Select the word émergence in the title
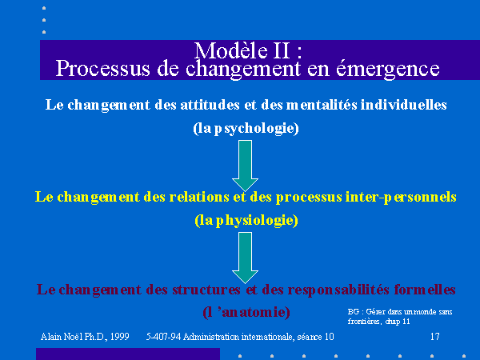point(388,69)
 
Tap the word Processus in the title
point(103,69)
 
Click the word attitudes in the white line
point(210,105)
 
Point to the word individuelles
point(403,105)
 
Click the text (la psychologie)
point(246,128)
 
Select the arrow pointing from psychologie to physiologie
point(246,166)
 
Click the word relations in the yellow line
point(199,197)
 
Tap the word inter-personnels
point(401,198)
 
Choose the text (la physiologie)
point(246,221)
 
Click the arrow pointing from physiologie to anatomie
point(246,258)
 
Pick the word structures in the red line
point(206,290)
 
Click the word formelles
point(425,290)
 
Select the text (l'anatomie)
point(246,312)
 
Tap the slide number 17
point(435,337)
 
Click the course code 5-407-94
point(164,337)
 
